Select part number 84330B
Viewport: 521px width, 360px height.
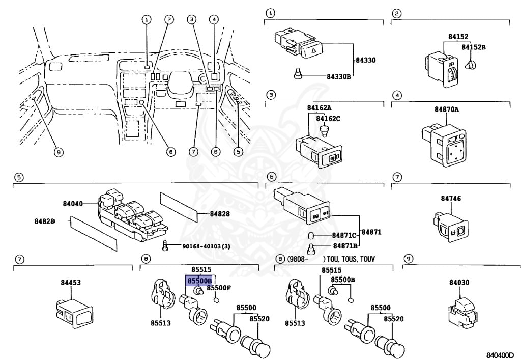click(339, 76)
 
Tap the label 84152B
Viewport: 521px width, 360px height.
click(474, 47)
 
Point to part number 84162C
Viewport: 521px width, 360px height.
click(328, 119)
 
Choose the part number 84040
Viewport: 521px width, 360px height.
click(73, 203)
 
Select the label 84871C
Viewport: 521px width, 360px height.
click(344, 235)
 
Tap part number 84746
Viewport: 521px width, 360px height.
click(448, 198)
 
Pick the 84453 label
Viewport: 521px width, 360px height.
click(71, 282)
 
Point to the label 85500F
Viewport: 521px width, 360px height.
click(219, 288)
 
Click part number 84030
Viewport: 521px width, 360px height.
click(459, 282)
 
